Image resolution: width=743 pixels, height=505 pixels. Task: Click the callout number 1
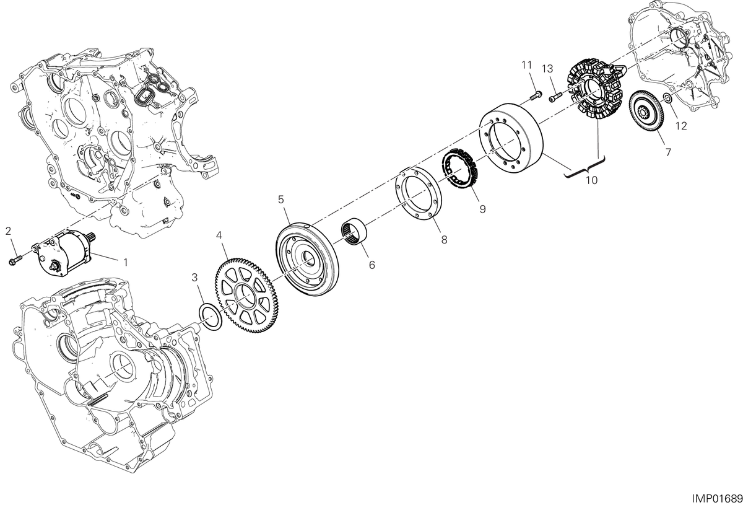pyautogui.click(x=125, y=262)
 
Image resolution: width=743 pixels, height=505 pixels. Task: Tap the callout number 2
pyautogui.click(x=9, y=231)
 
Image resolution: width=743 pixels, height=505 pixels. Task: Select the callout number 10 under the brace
pyautogui.click(x=592, y=180)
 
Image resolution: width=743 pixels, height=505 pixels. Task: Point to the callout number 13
pyautogui.click(x=547, y=69)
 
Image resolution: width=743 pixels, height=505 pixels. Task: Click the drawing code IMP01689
pyautogui.click(x=717, y=499)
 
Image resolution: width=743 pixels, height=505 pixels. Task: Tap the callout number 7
pyautogui.click(x=668, y=152)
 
